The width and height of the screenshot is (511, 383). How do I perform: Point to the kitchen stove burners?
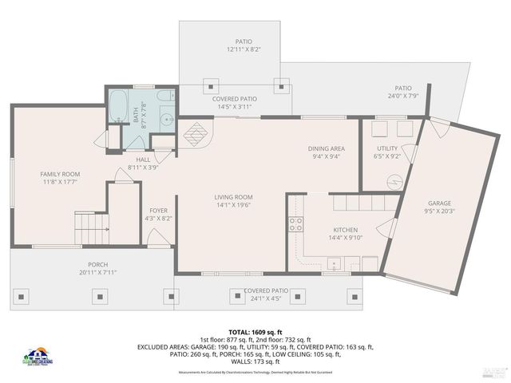(x=295, y=224)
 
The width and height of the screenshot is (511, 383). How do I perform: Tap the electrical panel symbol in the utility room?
(x=392, y=181)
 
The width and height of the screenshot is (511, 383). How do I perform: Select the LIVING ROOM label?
(x=233, y=197)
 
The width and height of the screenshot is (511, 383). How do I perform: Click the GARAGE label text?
(x=440, y=203)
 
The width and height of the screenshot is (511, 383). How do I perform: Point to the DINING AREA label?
(x=326, y=148)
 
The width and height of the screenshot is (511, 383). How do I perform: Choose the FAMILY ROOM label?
(x=61, y=174)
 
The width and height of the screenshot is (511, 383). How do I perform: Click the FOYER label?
(x=158, y=211)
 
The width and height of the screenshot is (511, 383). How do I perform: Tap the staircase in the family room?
(x=90, y=227)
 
